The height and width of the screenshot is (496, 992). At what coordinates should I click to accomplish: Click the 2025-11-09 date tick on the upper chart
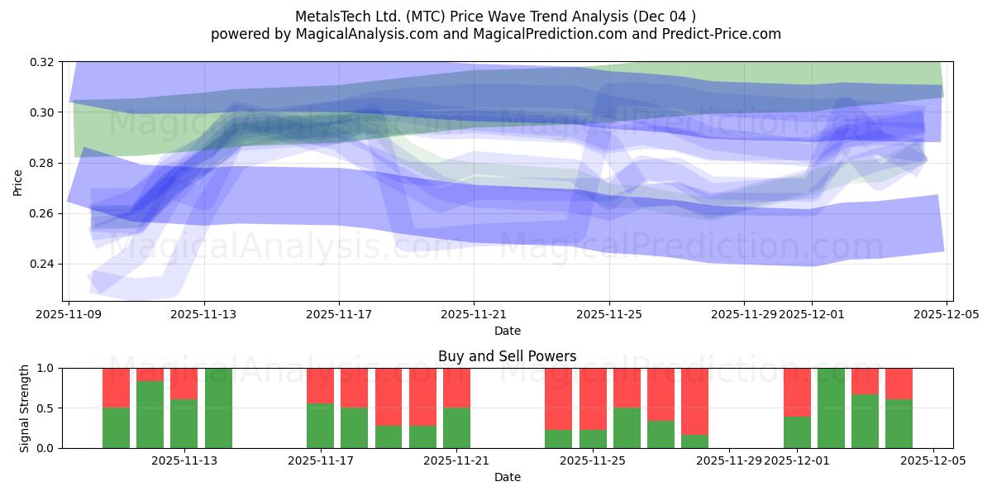(69, 314)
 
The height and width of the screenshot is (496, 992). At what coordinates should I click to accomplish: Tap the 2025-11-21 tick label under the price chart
(474, 314)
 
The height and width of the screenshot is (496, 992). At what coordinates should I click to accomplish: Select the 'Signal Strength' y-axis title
(24, 408)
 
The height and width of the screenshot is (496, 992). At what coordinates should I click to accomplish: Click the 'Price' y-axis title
(18, 182)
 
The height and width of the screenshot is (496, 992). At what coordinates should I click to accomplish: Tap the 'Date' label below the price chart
(507, 331)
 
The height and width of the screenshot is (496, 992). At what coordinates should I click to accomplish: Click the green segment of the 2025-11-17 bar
(320, 426)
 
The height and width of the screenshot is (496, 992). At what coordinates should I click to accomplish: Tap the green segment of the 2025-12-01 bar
(797, 432)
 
